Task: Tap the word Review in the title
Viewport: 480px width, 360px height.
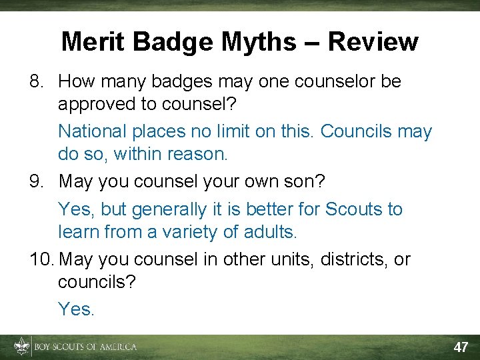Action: click(x=373, y=42)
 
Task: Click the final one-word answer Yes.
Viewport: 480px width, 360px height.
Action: click(x=76, y=309)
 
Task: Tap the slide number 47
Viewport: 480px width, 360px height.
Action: click(x=461, y=347)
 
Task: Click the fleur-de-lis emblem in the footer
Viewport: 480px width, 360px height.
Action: click(x=22, y=347)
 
